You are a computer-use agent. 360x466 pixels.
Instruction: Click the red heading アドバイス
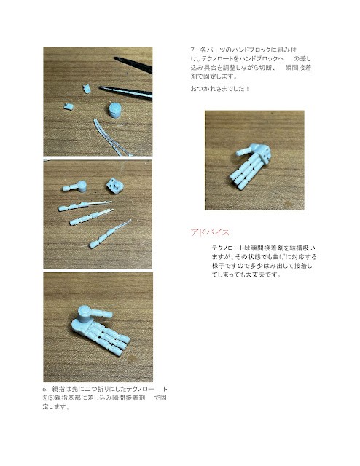(x=210, y=232)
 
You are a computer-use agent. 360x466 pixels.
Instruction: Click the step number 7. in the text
(x=193, y=50)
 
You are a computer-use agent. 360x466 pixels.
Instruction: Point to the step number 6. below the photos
(x=45, y=389)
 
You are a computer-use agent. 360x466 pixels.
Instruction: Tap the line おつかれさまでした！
(x=220, y=89)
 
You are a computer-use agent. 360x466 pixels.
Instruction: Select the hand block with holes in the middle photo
(x=114, y=186)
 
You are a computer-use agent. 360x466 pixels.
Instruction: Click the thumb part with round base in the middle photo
(x=74, y=186)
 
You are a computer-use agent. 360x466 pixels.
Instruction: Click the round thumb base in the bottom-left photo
(x=85, y=313)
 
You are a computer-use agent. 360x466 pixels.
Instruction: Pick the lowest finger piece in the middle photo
(x=109, y=234)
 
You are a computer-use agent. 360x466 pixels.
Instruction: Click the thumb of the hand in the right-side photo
(x=245, y=151)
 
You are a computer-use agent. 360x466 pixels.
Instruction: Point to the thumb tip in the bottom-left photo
(x=109, y=314)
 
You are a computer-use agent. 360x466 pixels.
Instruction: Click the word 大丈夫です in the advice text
(x=262, y=275)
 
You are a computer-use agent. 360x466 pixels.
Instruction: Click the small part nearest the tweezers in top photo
(x=87, y=89)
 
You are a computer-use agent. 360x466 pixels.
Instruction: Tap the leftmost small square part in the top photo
(x=69, y=107)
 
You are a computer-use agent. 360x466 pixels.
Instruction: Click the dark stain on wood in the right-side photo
(x=287, y=204)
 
